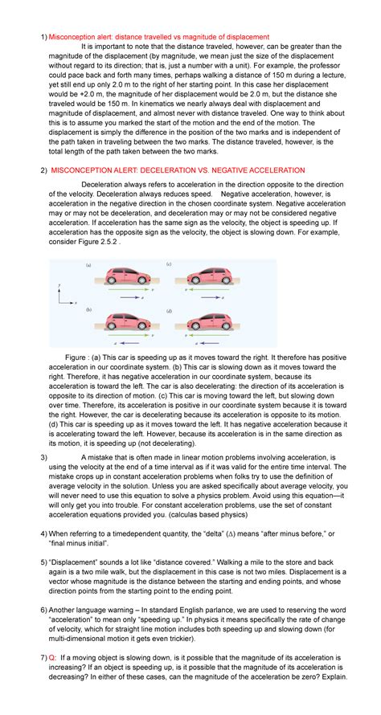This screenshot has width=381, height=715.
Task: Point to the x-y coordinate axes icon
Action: [64, 295]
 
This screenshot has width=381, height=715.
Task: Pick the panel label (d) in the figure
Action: [169, 310]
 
